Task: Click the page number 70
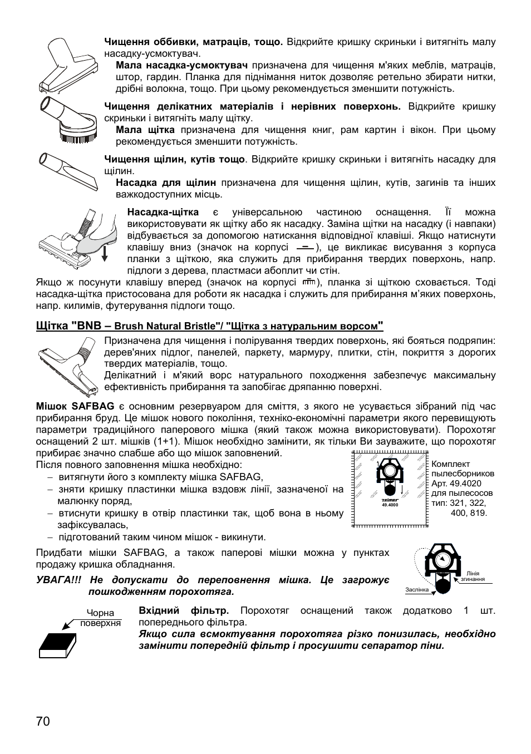coord(43,721)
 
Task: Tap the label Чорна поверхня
coord(101,618)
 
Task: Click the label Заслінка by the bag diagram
coord(417,589)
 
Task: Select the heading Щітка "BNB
coord(68,326)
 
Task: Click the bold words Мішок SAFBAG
coord(75,406)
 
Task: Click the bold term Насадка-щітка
coord(163,212)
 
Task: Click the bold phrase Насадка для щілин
coord(166,183)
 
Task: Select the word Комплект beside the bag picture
coord(451,464)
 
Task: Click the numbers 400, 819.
coord(469,512)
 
